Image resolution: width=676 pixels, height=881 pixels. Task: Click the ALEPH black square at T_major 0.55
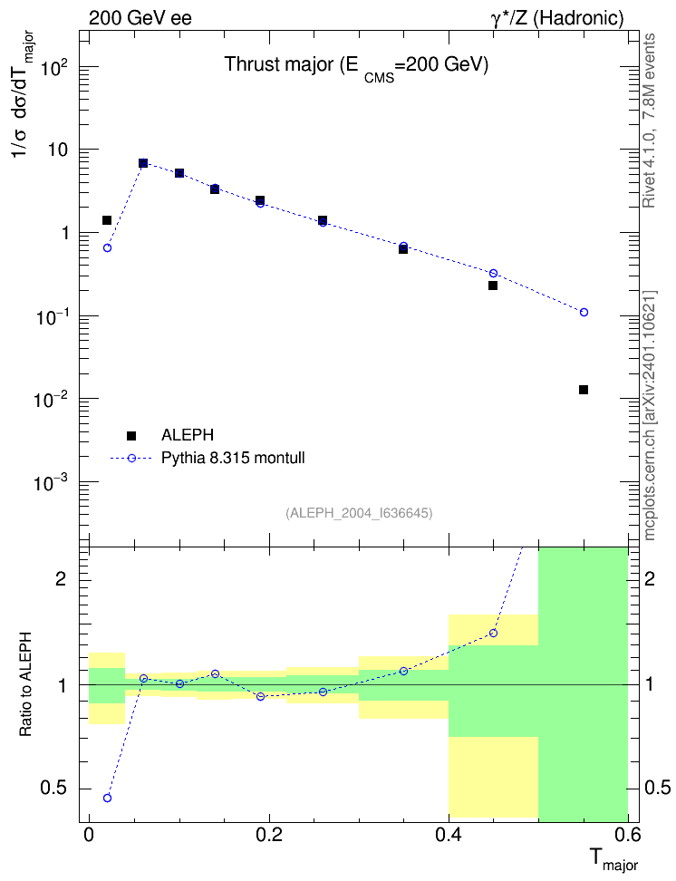[x=584, y=390]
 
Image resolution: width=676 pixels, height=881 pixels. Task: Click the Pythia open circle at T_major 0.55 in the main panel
[x=584, y=312]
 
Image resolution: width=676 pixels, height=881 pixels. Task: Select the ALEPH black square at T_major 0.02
[x=107, y=219]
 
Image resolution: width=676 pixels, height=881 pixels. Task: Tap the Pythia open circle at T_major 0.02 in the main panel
[x=107, y=247]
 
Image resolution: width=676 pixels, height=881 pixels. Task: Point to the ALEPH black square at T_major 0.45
[x=493, y=286]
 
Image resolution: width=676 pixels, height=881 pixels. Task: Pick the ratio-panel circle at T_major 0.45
[x=493, y=634]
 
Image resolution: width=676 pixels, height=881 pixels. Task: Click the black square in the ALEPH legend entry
[x=131, y=435]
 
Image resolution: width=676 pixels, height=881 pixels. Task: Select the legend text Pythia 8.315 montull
[x=233, y=458]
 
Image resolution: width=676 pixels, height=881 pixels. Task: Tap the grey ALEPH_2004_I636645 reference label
[x=359, y=513]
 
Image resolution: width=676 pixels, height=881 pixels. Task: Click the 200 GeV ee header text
[x=140, y=18]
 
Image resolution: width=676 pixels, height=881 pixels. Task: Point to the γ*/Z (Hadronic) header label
[x=557, y=18]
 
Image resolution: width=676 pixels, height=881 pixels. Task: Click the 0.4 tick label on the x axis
[x=448, y=835]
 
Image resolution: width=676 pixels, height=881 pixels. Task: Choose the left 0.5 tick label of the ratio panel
[x=53, y=789]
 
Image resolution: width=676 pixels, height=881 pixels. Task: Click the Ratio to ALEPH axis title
[x=25, y=685]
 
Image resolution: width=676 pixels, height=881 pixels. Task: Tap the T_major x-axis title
[x=613, y=859]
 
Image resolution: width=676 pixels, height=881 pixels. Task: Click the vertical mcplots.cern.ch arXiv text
[x=650, y=415]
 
